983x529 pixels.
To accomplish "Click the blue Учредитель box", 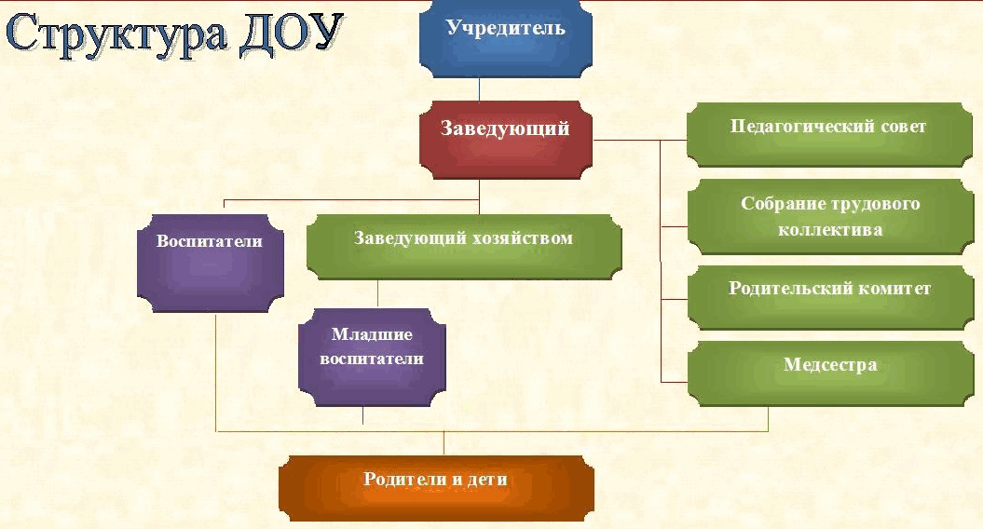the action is click(x=505, y=39).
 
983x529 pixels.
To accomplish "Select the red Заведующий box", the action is click(x=505, y=140).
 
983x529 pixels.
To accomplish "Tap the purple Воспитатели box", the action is click(x=211, y=264).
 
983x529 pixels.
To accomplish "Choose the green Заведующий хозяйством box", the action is click(x=464, y=247).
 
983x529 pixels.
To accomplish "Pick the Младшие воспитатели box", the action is click(x=373, y=358).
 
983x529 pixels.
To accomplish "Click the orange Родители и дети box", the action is click(x=436, y=488).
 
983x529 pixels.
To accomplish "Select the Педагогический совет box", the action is click(x=829, y=135).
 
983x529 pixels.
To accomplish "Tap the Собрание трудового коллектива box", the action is click(x=831, y=217).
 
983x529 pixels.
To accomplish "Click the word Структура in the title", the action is click(x=116, y=34).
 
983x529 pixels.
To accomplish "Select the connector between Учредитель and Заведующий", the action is click(x=480, y=89).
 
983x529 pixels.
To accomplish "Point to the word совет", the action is click(x=904, y=127).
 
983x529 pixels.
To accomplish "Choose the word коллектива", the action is click(x=830, y=229).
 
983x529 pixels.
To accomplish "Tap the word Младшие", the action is click(x=372, y=334).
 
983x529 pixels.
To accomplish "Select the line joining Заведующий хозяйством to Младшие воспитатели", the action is click(x=377, y=294).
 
